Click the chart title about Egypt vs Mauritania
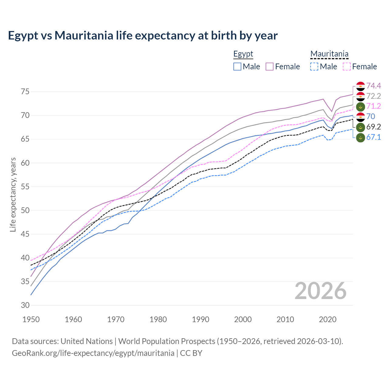click(x=143, y=36)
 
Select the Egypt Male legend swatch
click(x=237, y=67)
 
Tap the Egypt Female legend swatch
click(x=270, y=67)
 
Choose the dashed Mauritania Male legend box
click(x=314, y=67)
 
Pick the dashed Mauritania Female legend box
click(x=347, y=67)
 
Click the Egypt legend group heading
click(x=243, y=54)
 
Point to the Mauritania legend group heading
click(x=329, y=54)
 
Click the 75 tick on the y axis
click(x=25, y=92)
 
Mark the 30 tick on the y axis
click(x=25, y=305)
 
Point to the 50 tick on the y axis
click(x=25, y=211)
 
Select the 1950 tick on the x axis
click(x=31, y=319)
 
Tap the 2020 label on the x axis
click(x=328, y=319)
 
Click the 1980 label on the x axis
click(x=158, y=319)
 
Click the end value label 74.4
click(x=374, y=86)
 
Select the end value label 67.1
click(x=374, y=137)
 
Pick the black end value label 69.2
click(x=374, y=127)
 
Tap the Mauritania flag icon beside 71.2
click(x=360, y=107)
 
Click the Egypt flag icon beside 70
click(x=360, y=117)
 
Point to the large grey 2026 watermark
click(x=320, y=291)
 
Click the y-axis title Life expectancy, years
click(x=13, y=194)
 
